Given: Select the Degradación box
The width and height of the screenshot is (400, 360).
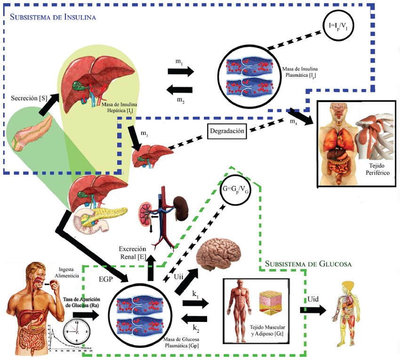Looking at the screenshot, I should (227, 131).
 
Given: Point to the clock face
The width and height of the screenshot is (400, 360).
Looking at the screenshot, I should (76, 330).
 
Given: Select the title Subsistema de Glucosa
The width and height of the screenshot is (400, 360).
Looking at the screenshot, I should (308, 264).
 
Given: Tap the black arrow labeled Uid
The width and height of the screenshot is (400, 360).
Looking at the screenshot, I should (312, 310).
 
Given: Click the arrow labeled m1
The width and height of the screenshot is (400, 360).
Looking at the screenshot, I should (181, 72).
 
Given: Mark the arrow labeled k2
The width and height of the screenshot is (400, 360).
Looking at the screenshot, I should (195, 319).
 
